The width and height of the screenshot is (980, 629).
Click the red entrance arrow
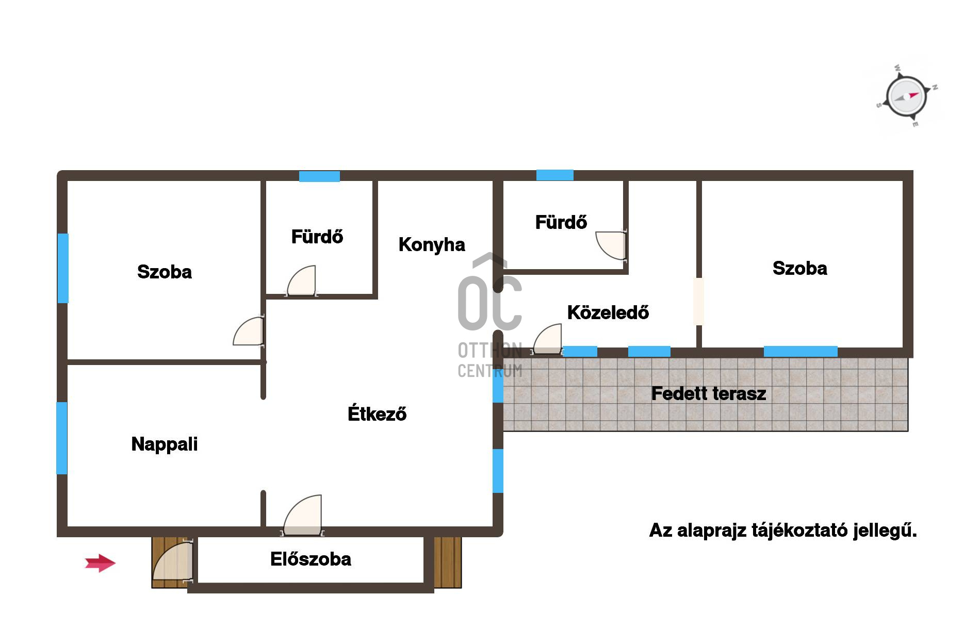(x=100, y=563)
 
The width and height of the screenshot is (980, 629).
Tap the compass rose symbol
(x=907, y=96)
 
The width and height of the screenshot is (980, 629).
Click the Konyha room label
(x=432, y=244)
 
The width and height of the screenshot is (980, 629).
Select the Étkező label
(x=377, y=413)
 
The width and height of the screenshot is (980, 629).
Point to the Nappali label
(x=165, y=444)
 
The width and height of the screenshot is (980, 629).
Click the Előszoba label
(x=311, y=559)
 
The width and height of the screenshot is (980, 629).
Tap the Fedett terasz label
(x=709, y=393)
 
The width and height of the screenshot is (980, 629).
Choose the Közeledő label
(x=608, y=312)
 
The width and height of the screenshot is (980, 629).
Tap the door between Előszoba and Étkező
(x=303, y=516)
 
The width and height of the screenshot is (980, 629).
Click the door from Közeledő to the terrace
(x=547, y=339)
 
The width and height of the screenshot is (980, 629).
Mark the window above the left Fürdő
(x=319, y=176)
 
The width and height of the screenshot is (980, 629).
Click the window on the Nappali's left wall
(x=62, y=438)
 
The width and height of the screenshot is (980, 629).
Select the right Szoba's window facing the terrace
(x=801, y=352)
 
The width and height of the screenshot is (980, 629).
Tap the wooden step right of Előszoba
(x=447, y=562)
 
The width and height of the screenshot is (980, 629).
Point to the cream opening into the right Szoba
(x=699, y=302)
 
